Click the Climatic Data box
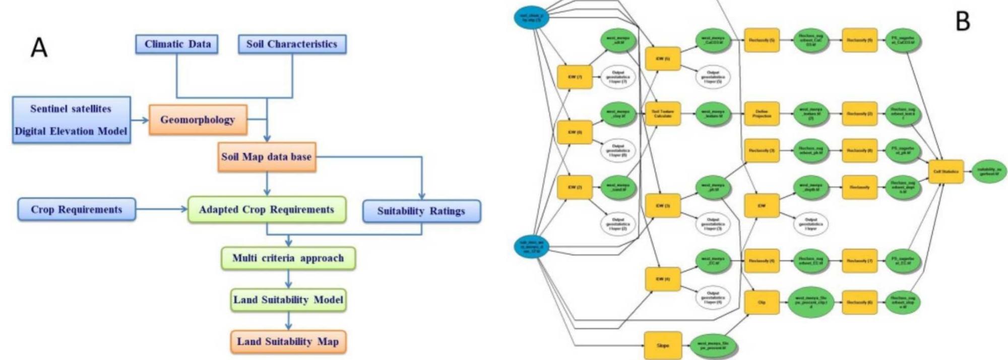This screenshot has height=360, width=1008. pyautogui.click(x=177, y=44)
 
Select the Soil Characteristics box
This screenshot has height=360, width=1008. pyautogui.click(x=292, y=44)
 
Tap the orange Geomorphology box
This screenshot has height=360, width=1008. pyautogui.click(x=198, y=120)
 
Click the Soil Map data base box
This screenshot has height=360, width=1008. pyautogui.click(x=267, y=157)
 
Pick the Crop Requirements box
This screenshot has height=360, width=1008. pyautogui.click(x=77, y=210)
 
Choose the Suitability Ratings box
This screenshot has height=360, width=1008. pyautogui.click(x=421, y=211)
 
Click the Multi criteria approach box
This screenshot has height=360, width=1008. pyautogui.click(x=288, y=258)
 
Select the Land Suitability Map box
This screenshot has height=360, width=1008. pyautogui.click(x=288, y=342)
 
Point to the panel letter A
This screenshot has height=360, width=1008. pyautogui.click(x=39, y=48)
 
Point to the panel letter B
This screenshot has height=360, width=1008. pyautogui.click(x=963, y=22)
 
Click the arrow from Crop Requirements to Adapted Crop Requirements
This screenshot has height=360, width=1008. pyautogui.click(x=161, y=209)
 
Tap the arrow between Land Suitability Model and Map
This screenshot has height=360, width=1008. pyautogui.click(x=288, y=321)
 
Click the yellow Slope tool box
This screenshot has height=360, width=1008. pyautogui.click(x=663, y=345)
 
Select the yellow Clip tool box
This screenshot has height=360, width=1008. pyautogui.click(x=762, y=303)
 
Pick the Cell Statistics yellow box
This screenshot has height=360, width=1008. pyautogui.click(x=946, y=172)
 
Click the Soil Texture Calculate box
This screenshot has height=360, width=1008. pyautogui.click(x=663, y=114)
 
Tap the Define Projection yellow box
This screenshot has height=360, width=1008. pyautogui.click(x=762, y=114)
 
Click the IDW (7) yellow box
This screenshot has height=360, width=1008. pyautogui.click(x=575, y=77)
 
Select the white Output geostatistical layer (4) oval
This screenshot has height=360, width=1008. pyautogui.click(x=713, y=297)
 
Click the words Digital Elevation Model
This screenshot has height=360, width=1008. pyautogui.click(x=71, y=132)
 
